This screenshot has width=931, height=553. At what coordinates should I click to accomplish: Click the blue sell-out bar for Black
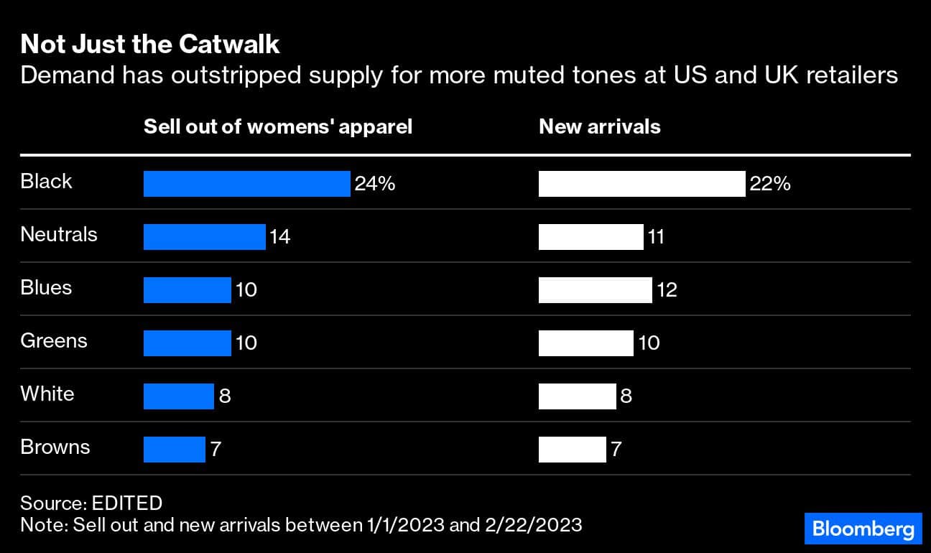[246, 184]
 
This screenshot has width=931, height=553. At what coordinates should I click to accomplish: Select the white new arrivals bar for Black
[641, 184]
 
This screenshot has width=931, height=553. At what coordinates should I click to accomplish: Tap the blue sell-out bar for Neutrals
[204, 237]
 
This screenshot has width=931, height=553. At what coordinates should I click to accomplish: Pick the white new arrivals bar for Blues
[595, 290]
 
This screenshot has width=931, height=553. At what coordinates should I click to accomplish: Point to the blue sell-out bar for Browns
[174, 450]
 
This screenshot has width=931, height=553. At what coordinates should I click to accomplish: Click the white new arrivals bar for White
[577, 396]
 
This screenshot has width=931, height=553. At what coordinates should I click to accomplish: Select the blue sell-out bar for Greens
[187, 343]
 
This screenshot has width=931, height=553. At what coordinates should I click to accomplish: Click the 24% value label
[374, 184]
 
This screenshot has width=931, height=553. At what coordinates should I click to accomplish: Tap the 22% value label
[770, 184]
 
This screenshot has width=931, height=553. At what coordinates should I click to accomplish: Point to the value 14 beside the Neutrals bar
[279, 237]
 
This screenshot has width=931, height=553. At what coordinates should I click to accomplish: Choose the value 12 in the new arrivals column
[667, 290]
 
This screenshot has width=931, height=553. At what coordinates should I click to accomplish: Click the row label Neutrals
[59, 234]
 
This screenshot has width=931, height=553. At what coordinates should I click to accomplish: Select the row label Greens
[54, 340]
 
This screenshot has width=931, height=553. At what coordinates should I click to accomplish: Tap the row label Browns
[55, 447]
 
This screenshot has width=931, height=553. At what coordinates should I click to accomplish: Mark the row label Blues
[46, 287]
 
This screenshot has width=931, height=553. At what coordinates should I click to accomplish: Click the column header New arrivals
[599, 127]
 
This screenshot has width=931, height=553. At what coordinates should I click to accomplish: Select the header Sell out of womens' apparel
[278, 127]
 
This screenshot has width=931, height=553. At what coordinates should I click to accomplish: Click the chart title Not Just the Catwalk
[150, 45]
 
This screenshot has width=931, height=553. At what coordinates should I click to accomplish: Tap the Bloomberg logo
[863, 529]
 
